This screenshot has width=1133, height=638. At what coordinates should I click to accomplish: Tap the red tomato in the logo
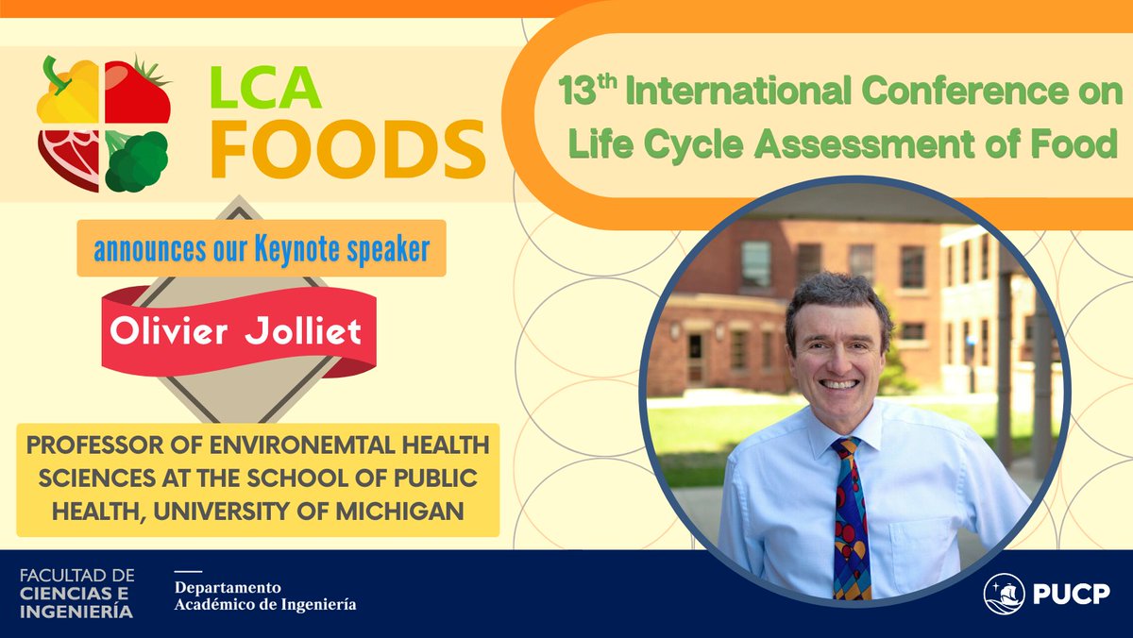click(138, 92)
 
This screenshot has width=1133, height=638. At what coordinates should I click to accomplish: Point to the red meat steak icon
click(68, 159)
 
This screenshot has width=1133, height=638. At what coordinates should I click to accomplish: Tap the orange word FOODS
click(347, 148)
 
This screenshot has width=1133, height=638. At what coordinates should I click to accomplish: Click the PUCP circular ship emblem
click(1004, 594)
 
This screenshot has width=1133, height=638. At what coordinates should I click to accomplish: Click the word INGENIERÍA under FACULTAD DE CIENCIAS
click(76, 612)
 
